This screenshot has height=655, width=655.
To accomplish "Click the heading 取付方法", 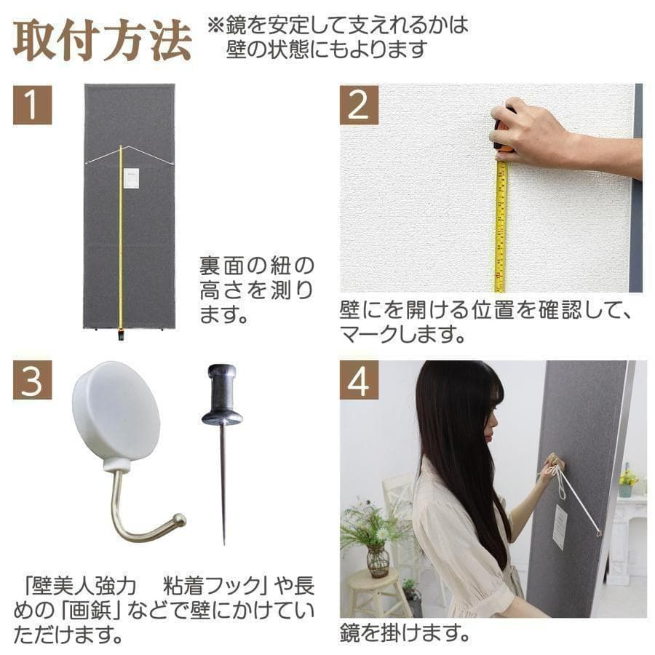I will coord(102,42).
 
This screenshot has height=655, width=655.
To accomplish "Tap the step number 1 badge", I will coord(32,105).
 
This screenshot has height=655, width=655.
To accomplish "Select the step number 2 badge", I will coord(360,105).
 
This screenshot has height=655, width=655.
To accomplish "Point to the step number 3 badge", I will coord(32,380).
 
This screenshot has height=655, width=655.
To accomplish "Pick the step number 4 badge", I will coord(360,380).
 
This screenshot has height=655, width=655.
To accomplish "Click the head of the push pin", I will coord(221,397).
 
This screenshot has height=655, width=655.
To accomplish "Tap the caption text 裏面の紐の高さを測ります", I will coord(256,290).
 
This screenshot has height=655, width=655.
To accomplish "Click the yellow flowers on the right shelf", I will coord(627,477).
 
